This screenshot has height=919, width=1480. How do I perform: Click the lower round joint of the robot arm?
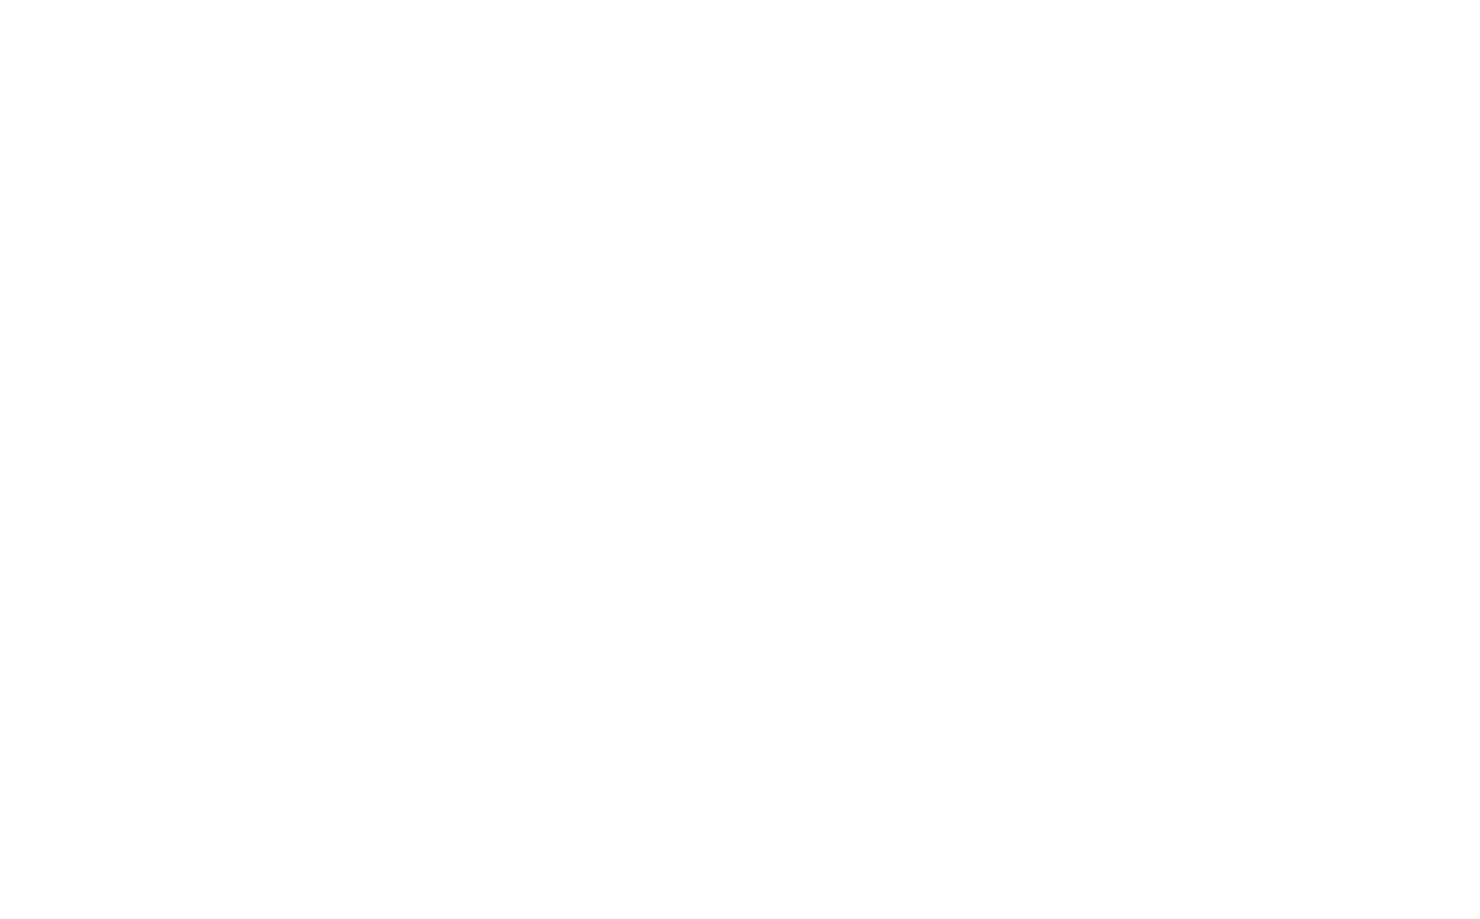pos(477,675)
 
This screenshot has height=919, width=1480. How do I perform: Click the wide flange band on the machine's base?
pos(297,732)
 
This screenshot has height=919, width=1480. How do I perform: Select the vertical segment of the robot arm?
pos(477,629)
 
